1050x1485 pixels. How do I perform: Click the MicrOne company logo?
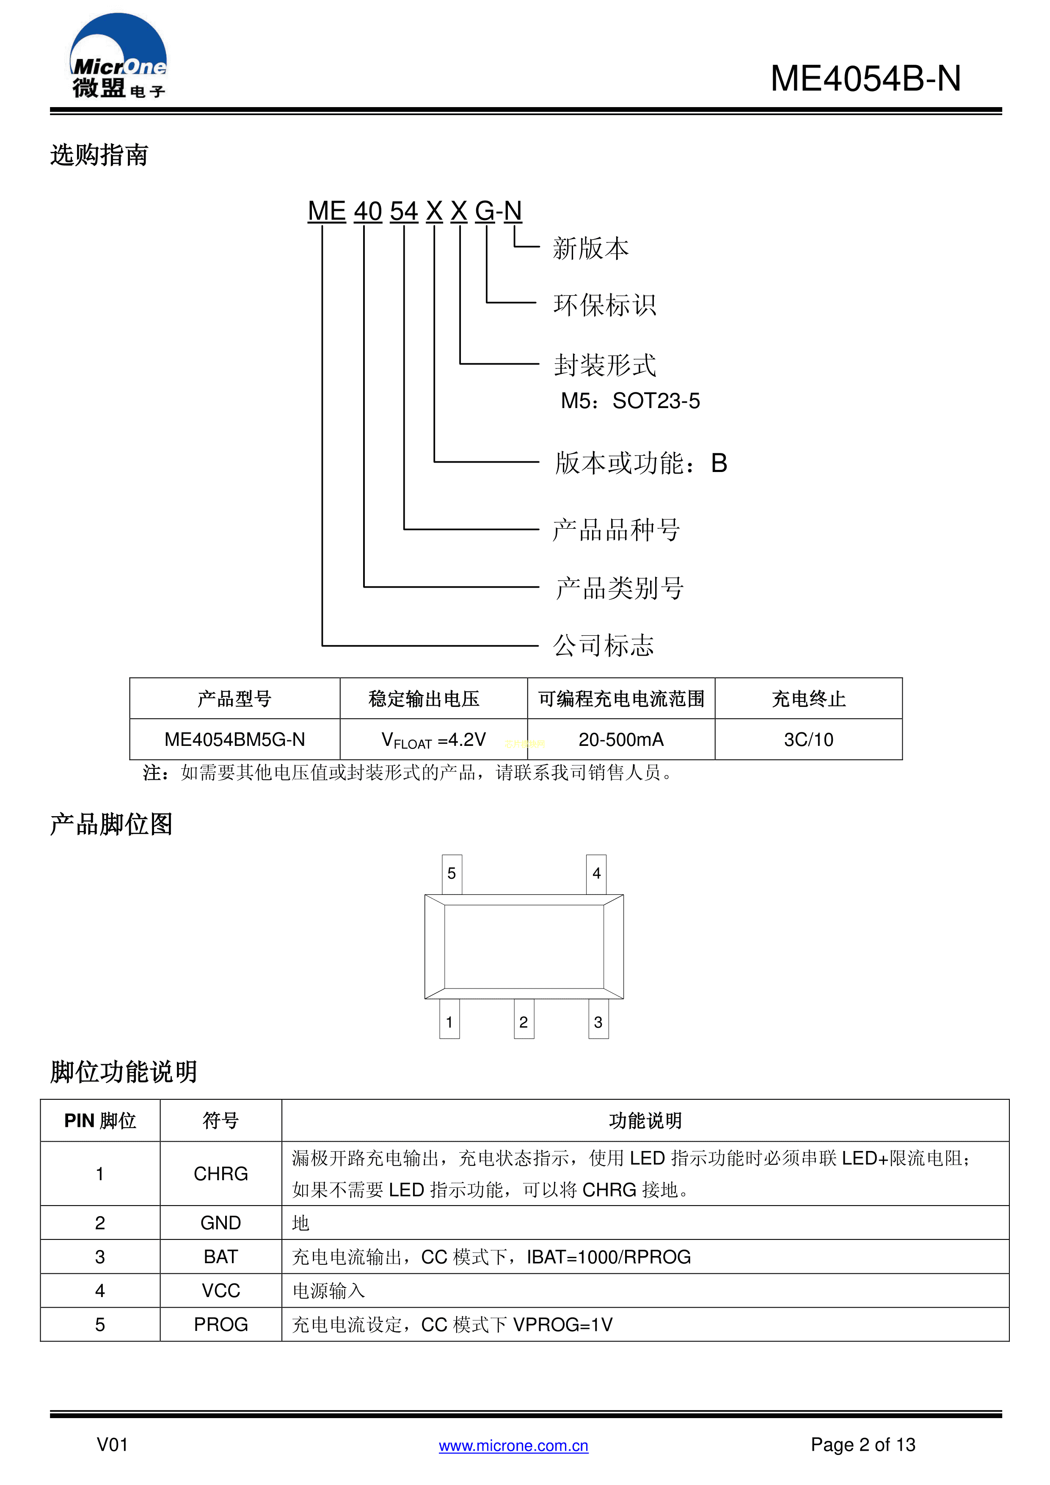(x=119, y=57)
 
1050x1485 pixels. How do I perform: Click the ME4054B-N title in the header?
(x=865, y=79)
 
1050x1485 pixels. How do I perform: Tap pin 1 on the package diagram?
(x=449, y=1022)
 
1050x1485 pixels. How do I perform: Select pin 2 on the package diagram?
(x=524, y=1022)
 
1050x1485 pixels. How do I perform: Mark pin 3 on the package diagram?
(x=598, y=1022)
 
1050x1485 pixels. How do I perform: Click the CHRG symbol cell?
(x=220, y=1173)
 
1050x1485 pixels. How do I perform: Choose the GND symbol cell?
(x=220, y=1223)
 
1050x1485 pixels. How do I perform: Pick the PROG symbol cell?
(x=220, y=1324)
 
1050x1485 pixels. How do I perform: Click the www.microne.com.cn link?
(x=513, y=1446)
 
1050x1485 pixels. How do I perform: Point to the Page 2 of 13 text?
(x=863, y=1444)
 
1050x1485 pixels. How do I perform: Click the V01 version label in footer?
(x=113, y=1444)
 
